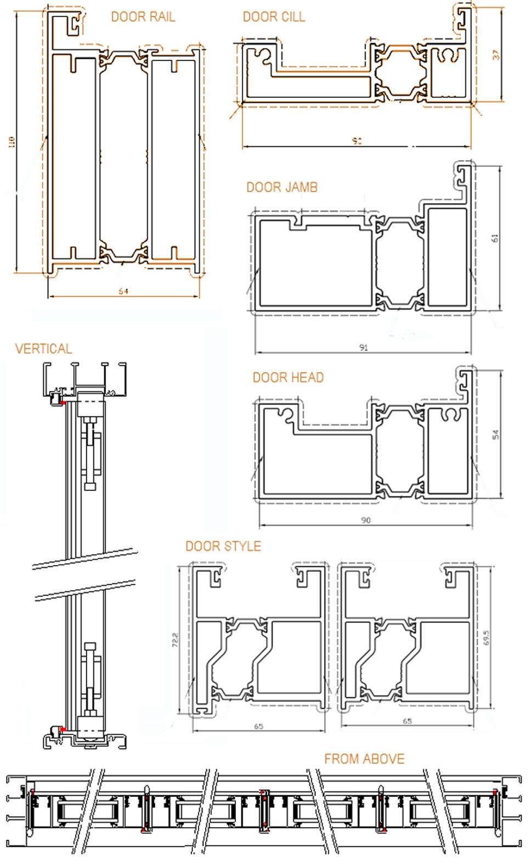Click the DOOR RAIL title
(143, 17)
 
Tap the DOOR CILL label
(274, 17)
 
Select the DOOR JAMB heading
(282, 187)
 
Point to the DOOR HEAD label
(288, 377)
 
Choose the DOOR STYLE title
(223, 546)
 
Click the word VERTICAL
(43, 349)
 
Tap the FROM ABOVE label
(364, 759)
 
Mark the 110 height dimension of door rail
(12, 142)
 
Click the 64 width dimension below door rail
(123, 291)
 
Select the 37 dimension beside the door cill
(496, 54)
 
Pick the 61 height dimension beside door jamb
(495, 238)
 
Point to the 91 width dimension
(363, 347)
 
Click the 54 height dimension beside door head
(495, 434)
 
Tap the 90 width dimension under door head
(366, 520)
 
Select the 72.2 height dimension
(175, 639)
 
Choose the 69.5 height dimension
(485, 637)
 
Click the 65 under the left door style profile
(258, 726)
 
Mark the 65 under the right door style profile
(407, 721)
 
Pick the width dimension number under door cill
(357, 141)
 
